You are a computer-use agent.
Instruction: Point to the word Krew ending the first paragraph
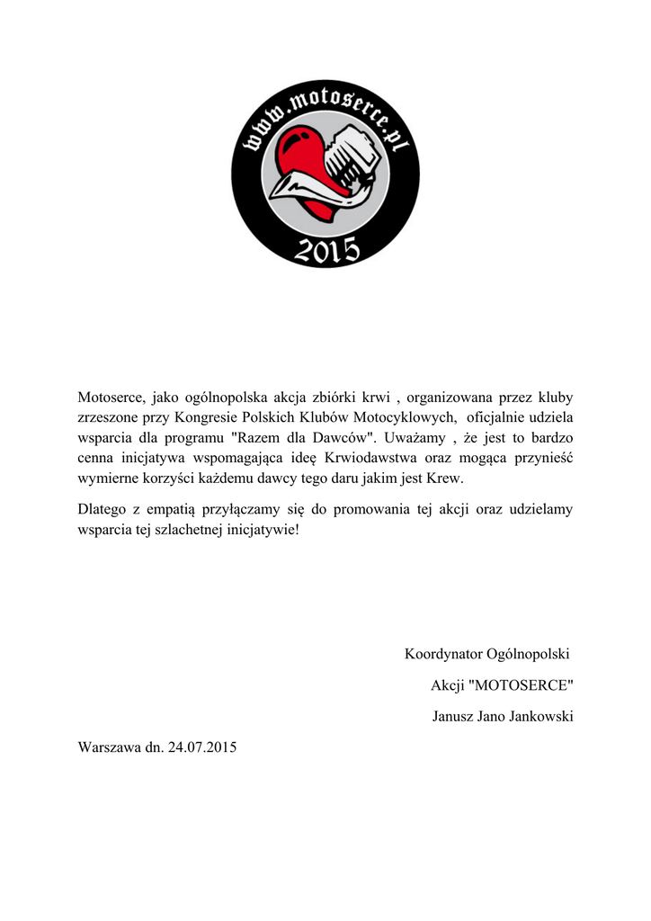click(x=444, y=480)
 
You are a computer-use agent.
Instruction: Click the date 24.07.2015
click(x=201, y=747)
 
